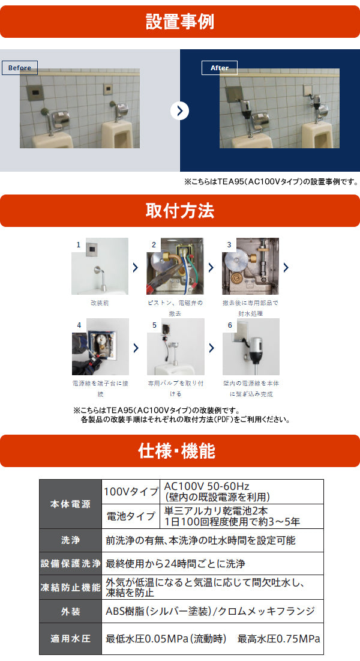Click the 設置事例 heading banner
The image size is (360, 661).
180,22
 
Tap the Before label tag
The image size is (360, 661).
19,68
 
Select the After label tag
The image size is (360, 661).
219,68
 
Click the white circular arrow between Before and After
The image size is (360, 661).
179,111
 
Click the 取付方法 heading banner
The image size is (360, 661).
180,210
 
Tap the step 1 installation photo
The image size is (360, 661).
100,267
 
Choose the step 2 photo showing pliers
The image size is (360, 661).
175,267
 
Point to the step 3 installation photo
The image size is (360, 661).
250,267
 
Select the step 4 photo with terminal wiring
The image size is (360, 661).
100,346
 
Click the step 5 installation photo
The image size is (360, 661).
175,346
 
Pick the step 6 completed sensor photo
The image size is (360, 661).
251,346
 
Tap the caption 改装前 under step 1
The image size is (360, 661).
100,303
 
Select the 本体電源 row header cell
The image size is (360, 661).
70,504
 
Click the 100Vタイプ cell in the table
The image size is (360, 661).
131,492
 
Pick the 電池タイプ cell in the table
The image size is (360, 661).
131,516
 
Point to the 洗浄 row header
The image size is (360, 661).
70,540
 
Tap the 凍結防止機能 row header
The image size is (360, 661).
70,587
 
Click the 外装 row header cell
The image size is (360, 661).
70,611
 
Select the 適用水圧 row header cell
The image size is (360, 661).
70,639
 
